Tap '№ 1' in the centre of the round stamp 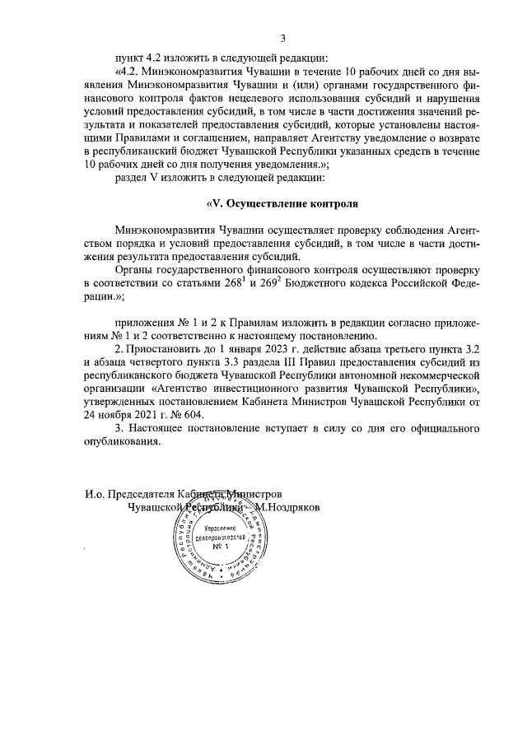[219, 547]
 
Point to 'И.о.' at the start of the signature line [96, 495]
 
